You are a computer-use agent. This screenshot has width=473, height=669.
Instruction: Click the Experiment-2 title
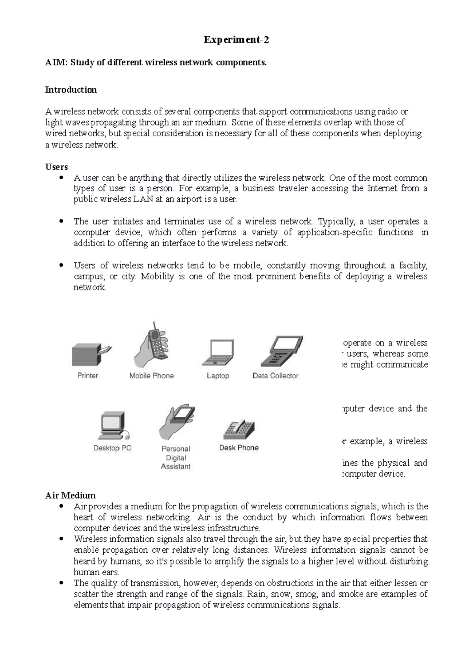click(236, 40)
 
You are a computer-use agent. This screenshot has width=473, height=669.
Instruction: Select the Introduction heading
click(71, 90)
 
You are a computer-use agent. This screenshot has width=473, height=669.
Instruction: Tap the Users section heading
click(56, 167)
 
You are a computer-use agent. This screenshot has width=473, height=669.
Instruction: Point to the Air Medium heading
click(70, 495)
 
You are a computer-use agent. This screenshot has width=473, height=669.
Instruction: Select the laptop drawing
click(218, 353)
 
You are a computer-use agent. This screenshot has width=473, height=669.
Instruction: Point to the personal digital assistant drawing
click(177, 422)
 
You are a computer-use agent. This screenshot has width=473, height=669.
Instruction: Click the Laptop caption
click(218, 376)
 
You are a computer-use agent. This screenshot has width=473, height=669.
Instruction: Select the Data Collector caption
click(276, 376)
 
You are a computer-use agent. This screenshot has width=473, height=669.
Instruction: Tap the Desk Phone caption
click(239, 448)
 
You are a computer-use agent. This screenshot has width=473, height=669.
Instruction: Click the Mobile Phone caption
click(151, 376)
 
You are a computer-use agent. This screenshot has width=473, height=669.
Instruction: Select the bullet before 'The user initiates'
click(61, 221)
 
